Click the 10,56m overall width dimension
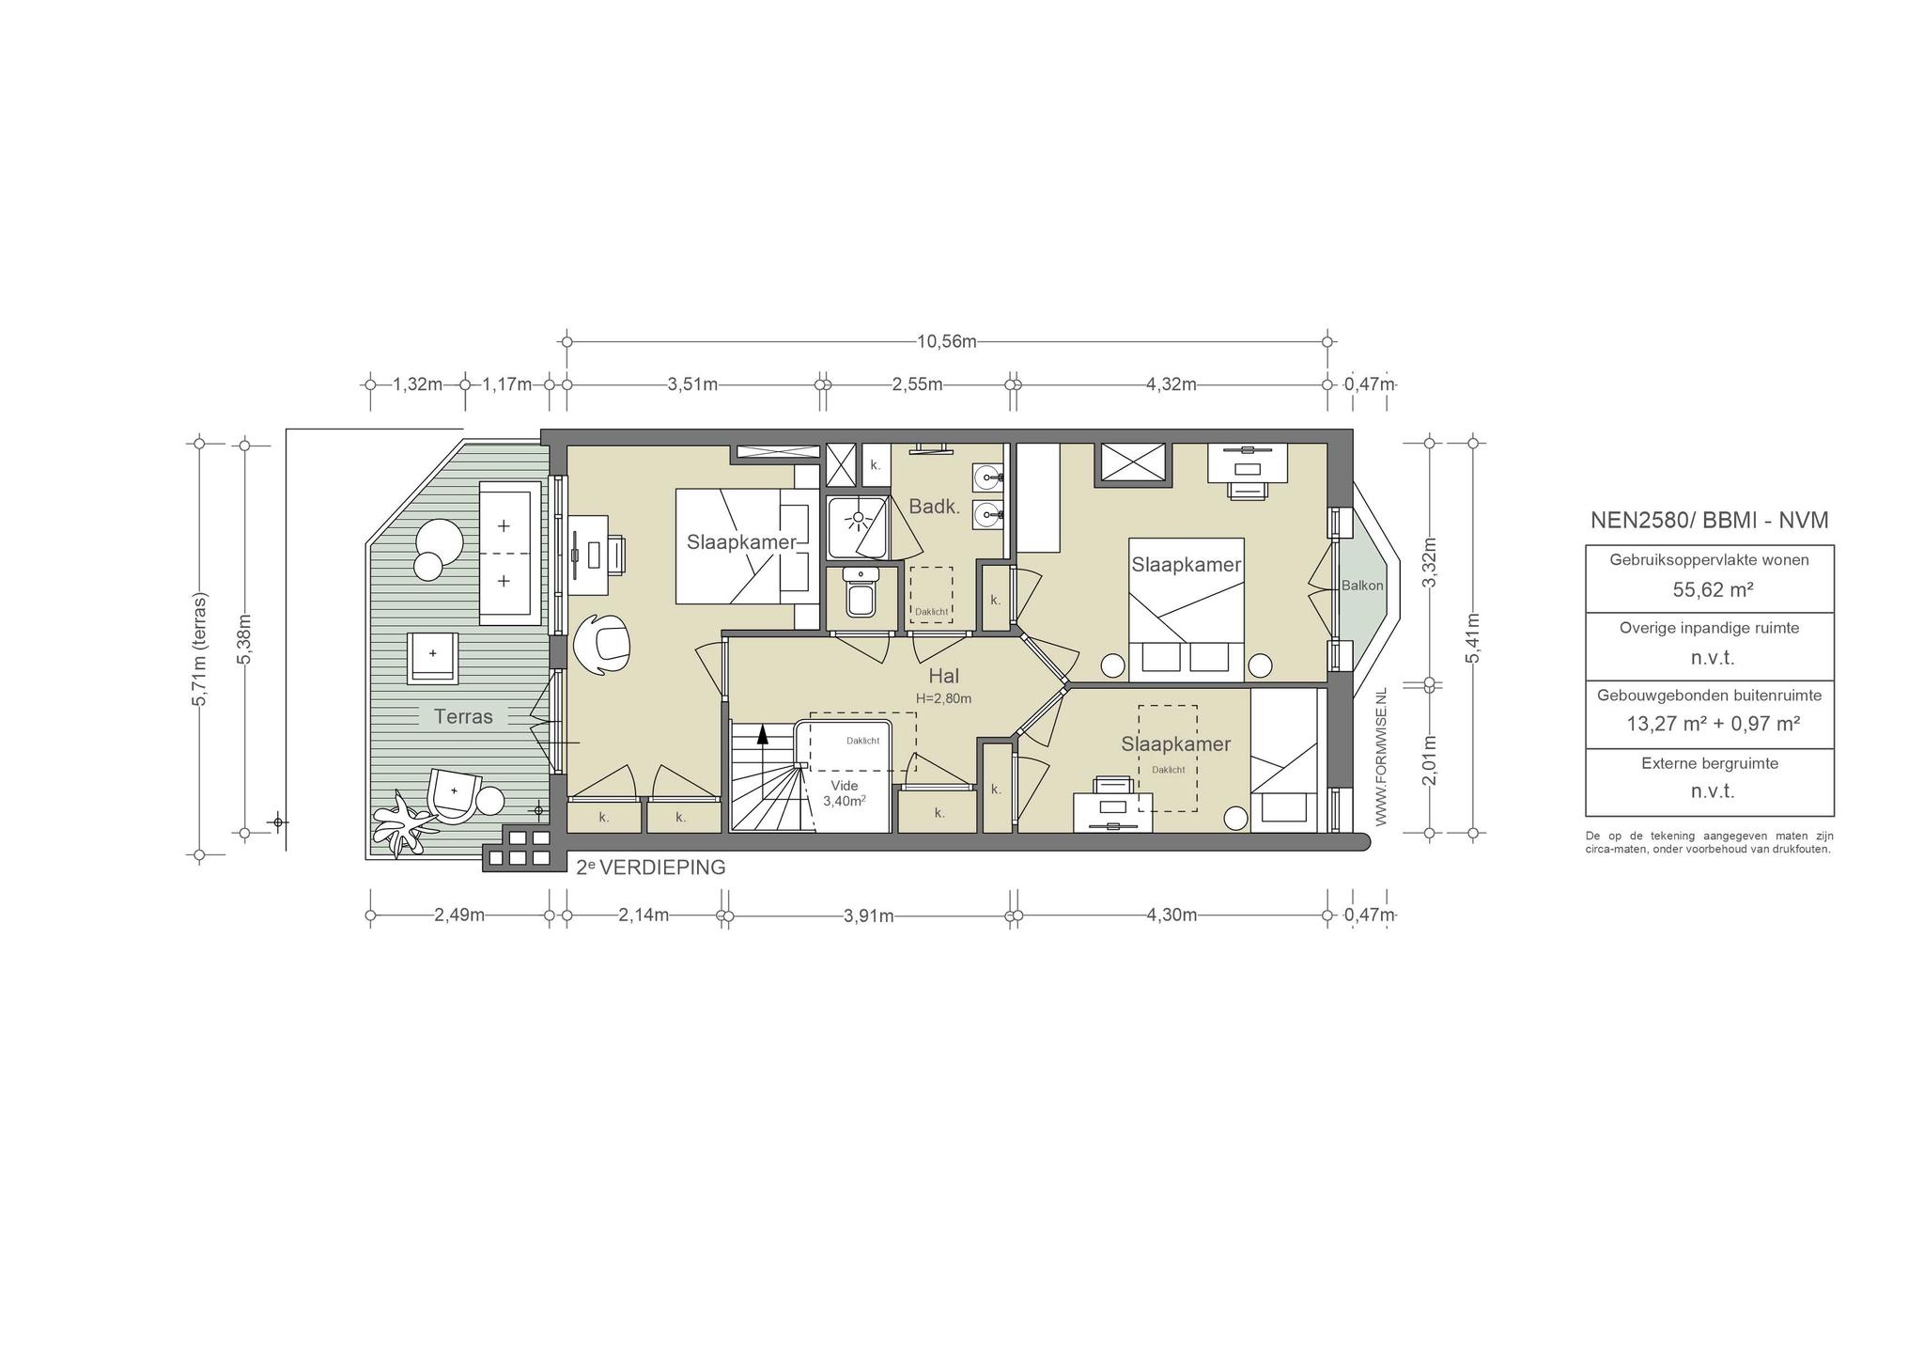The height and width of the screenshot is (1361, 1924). (946, 341)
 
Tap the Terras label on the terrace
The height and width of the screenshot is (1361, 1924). (463, 716)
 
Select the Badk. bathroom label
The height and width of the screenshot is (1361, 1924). (935, 507)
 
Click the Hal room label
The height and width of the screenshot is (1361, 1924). (943, 676)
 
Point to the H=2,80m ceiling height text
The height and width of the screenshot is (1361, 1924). (943, 698)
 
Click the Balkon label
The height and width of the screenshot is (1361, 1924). (1362, 586)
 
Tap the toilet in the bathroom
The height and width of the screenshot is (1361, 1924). (860, 592)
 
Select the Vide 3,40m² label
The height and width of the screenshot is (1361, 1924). (844, 793)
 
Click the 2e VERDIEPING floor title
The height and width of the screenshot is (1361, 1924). (650, 868)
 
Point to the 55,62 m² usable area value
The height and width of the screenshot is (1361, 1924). (1709, 589)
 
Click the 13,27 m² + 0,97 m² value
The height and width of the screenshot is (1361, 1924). (1709, 724)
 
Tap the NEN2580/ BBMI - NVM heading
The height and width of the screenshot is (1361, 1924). (1709, 520)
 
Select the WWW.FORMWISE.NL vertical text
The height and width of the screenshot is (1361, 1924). (1380, 758)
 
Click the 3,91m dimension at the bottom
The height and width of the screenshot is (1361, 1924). (868, 915)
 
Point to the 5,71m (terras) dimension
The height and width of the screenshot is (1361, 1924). (199, 649)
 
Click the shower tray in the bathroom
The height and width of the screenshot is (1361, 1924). (858, 527)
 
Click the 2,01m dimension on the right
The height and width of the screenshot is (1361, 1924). (1429, 759)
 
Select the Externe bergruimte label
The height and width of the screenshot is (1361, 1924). (1709, 763)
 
